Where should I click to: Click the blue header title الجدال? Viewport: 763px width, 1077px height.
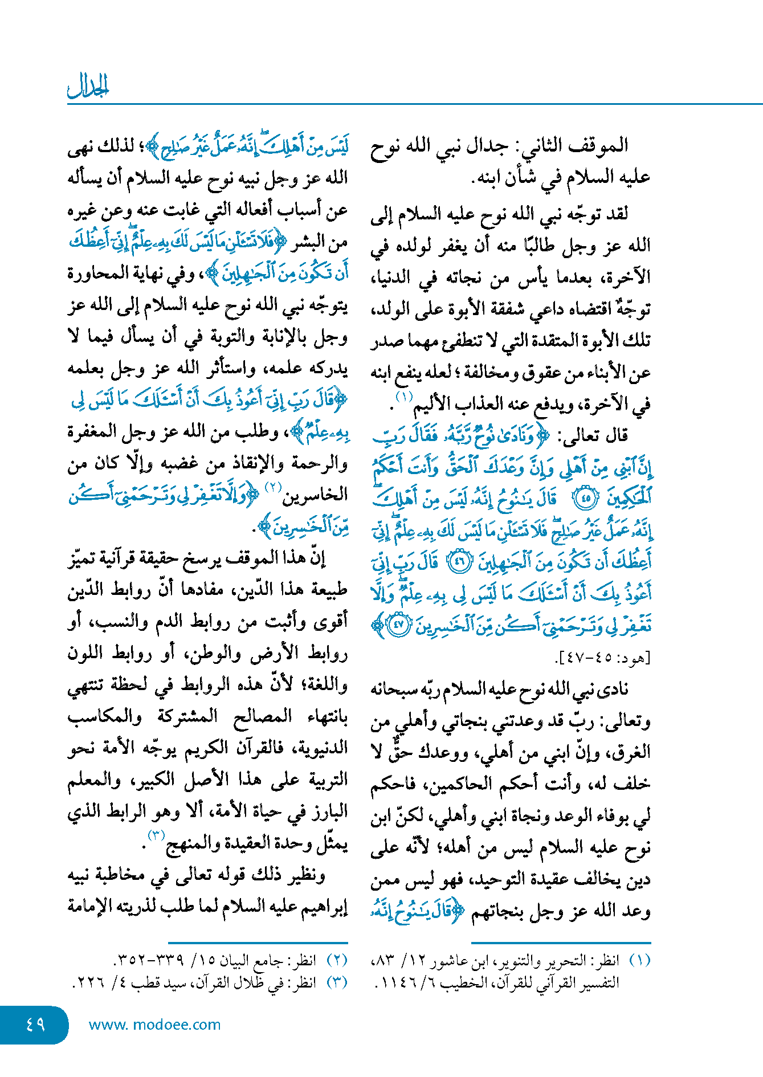[88, 86]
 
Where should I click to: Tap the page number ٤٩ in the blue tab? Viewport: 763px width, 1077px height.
[35, 1024]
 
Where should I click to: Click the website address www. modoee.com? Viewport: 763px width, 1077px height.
[154, 1025]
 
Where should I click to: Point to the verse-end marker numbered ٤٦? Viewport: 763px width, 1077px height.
[459, 562]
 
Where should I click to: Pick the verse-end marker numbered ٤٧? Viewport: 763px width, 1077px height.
[398, 625]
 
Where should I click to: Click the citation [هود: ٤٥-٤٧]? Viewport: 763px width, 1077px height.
[603, 658]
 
